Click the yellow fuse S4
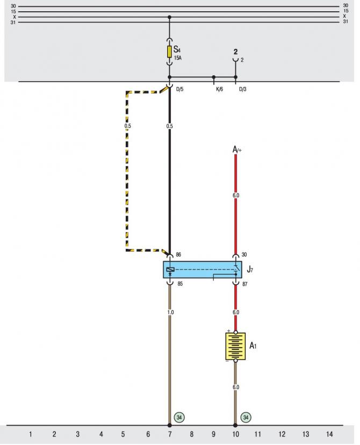pos(169,52)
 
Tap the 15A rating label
pos(178,58)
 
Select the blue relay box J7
pos(203,270)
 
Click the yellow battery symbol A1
pos(235,346)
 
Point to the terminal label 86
pos(178,255)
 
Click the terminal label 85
pos(180,284)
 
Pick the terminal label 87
pos(244,284)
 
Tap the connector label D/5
pos(179,89)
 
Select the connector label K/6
pos(220,89)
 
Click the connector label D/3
pos(242,89)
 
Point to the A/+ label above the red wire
pos(237,149)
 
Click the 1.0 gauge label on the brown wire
pos(170,312)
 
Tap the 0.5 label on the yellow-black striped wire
pos(128,126)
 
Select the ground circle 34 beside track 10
pos(246,417)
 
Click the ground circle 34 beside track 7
pos(179,417)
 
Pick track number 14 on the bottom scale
pos(329,434)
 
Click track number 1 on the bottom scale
pos(30,434)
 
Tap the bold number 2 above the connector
pos(235,52)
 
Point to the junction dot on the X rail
pos(169,17)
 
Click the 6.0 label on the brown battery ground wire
pos(236,387)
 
